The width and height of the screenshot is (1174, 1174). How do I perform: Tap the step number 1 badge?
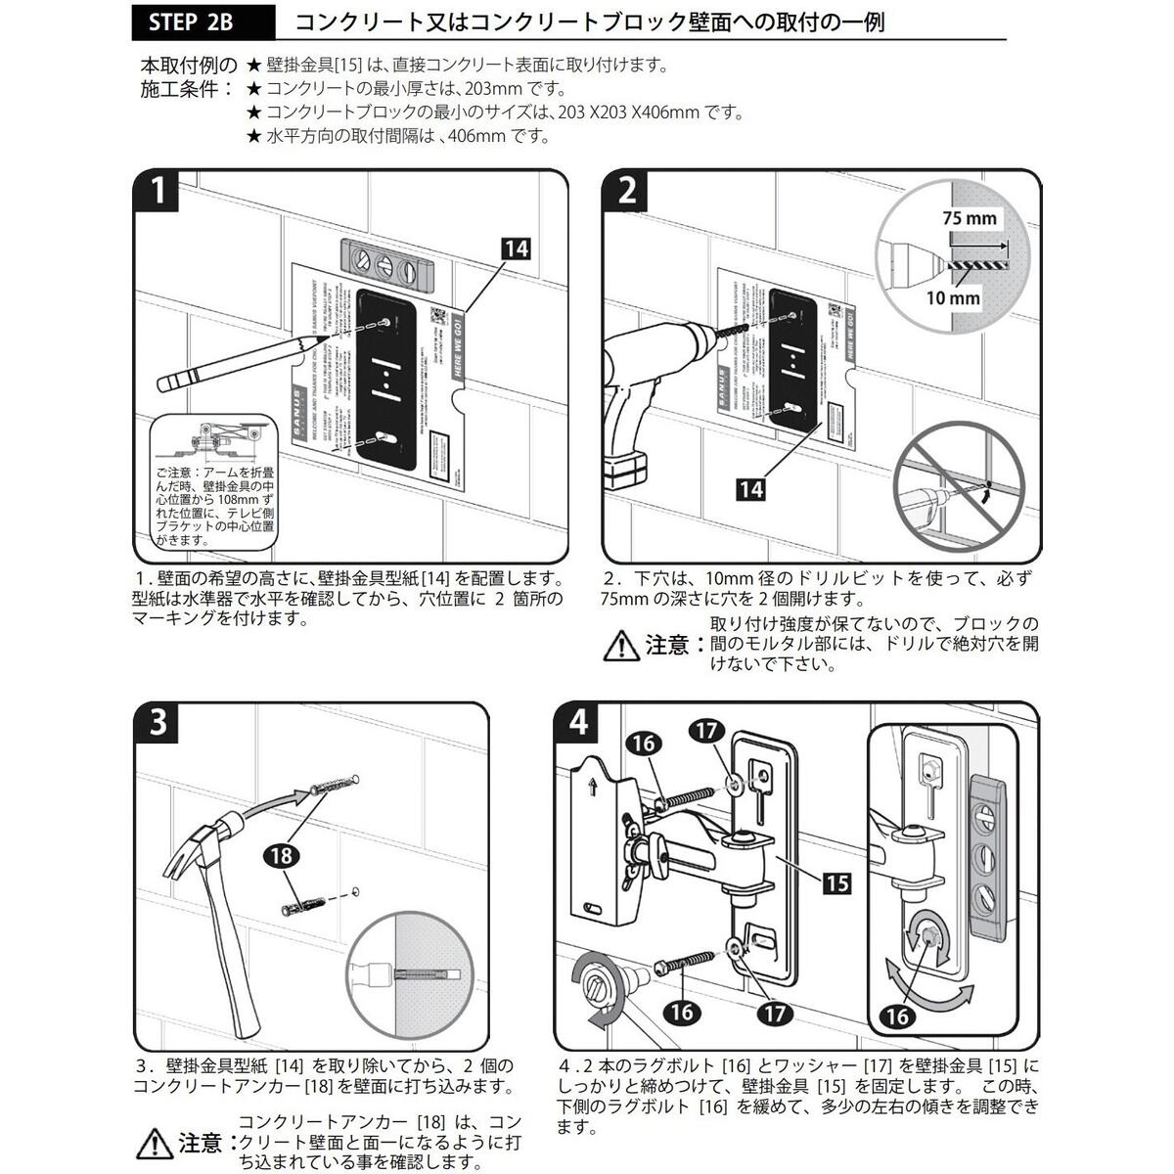157,191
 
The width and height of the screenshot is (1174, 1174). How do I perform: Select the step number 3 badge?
158,725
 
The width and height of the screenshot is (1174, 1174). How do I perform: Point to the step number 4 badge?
578,725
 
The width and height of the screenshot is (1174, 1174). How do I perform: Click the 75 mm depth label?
969,218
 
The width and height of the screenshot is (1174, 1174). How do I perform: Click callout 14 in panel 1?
516,248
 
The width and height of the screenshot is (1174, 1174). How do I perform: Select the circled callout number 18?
282,856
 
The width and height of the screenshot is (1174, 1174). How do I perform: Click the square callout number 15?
836,883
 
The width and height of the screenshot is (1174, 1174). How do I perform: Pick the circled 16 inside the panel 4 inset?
897,1016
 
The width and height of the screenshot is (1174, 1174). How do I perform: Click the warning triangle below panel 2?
619,646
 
